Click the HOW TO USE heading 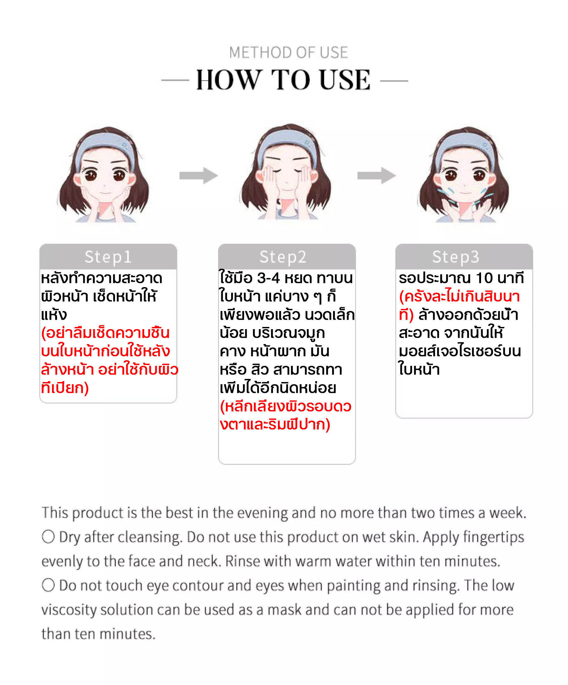pos(283,80)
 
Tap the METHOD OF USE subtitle pos(288,53)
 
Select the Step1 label pos(108,257)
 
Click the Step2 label pos(283,257)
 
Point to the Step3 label pos(456,257)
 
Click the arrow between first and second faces pos(198,176)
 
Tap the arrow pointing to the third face pos(376,176)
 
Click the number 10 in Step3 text pos(484,278)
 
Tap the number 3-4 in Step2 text pos(268,278)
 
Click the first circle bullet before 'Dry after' pos(48,536)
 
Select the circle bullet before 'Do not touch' pos(48,585)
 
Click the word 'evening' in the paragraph pos(262,513)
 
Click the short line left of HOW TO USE pos(175,80)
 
